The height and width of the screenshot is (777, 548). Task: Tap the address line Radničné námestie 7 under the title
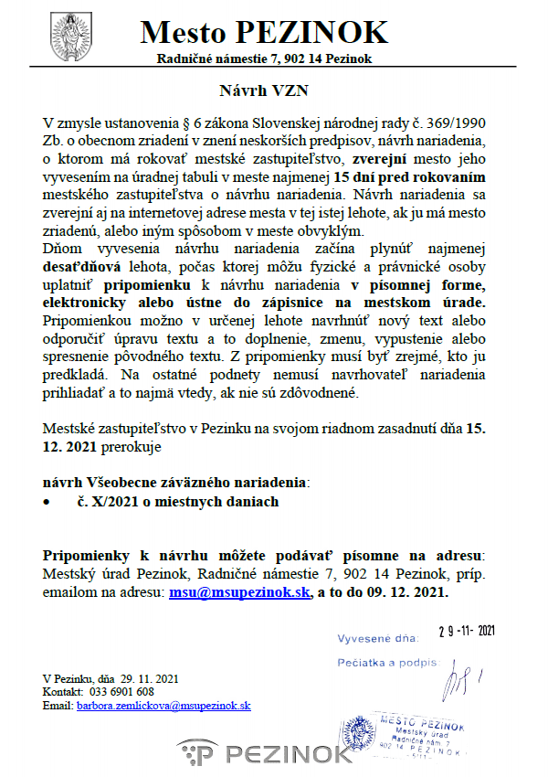click(265, 59)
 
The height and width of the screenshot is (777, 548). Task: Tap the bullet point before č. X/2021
click(48, 502)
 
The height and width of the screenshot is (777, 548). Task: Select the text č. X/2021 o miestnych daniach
click(178, 502)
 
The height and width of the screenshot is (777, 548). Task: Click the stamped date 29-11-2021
click(466, 632)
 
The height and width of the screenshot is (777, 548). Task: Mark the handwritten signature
click(457, 681)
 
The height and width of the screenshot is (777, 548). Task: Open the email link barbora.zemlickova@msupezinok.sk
click(163, 706)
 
